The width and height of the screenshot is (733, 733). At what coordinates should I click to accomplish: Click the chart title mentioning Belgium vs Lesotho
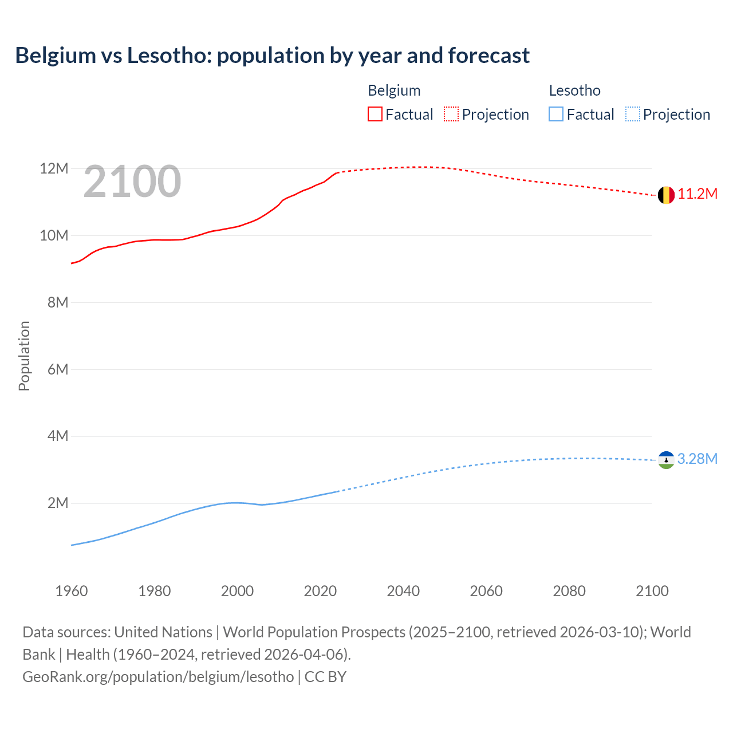tap(272, 56)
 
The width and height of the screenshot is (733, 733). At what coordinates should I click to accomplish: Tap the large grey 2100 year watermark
tap(132, 182)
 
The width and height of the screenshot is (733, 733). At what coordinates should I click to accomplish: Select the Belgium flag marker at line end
tap(665, 195)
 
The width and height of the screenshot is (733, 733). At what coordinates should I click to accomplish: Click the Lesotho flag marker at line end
tap(665, 460)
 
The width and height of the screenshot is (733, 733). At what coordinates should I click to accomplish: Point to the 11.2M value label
tap(697, 194)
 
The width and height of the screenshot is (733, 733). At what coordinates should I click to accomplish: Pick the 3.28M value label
tap(697, 459)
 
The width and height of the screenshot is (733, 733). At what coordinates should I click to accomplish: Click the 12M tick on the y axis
tap(54, 169)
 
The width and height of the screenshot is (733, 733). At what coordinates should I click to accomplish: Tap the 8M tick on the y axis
tap(57, 302)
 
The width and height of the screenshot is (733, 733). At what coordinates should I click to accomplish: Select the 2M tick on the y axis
tap(57, 503)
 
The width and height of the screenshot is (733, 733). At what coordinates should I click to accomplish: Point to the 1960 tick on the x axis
tap(72, 591)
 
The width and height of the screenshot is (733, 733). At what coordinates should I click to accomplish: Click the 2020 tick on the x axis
tap(320, 591)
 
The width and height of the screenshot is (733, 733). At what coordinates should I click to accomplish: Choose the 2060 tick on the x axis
tap(486, 591)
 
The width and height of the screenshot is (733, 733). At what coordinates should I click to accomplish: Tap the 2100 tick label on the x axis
tap(652, 591)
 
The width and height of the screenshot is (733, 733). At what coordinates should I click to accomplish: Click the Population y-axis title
tap(24, 356)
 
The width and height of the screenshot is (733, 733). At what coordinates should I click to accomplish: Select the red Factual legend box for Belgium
tap(375, 115)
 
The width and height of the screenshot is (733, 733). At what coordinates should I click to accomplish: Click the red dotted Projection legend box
tap(451, 115)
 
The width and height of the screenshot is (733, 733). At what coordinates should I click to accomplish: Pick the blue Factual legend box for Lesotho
tap(556, 115)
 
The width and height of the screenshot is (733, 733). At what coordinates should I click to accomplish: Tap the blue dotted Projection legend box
tap(633, 115)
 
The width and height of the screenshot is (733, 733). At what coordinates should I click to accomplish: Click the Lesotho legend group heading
tap(574, 90)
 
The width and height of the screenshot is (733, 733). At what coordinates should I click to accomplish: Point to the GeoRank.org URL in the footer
tap(158, 677)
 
